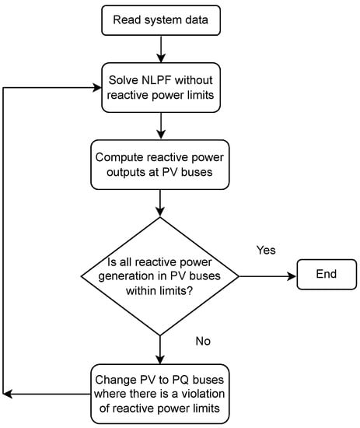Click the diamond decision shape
coord(160,276)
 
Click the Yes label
coord(266,251)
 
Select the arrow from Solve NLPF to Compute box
coord(160,125)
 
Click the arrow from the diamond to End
coord(267,276)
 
